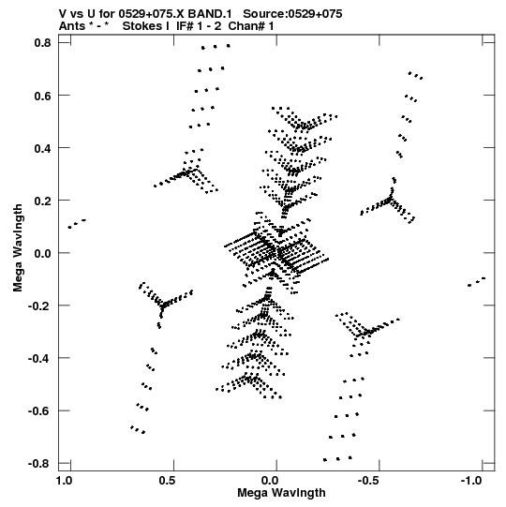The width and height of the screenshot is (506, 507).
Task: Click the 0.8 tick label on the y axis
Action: pyautogui.click(x=42, y=43)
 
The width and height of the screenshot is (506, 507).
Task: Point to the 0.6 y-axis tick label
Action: pyautogui.click(x=42, y=96)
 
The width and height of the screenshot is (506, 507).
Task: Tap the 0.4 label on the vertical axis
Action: pyautogui.click(x=42, y=148)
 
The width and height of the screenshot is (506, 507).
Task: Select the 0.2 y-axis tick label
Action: pyautogui.click(x=42, y=201)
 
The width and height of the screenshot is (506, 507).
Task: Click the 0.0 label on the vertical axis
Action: pyautogui.click(x=42, y=253)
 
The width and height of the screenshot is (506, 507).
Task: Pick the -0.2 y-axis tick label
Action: pyautogui.click(x=39, y=306)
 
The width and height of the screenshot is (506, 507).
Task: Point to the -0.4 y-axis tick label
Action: pyautogui.click(x=39, y=358)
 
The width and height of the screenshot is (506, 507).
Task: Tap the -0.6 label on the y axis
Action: pyautogui.click(x=39, y=411)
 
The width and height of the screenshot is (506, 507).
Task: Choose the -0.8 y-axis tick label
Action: pyautogui.click(x=39, y=464)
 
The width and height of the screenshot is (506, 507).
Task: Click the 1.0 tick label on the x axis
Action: pyautogui.click(x=64, y=481)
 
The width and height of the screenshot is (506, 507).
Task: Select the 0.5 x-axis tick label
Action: pyautogui.click(x=167, y=481)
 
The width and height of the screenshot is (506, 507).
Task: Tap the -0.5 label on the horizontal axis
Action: pyautogui.click(x=368, y=481)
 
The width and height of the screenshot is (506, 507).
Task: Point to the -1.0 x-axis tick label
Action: pyautogui.click(x=471, y=481)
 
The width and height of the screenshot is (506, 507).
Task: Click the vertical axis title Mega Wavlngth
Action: pyautogui.click(x=18, y=247)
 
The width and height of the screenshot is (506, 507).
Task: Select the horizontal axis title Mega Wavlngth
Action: pyautogui.click(x=281, y=493)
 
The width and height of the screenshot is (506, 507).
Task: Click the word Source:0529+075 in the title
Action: pyautogui.click(x=292, y=14)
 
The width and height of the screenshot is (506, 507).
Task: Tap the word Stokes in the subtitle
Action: pyautogui.click(x=145, y=26)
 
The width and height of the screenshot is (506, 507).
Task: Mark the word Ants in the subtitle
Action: pyautogui.click(x=72, y=26)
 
